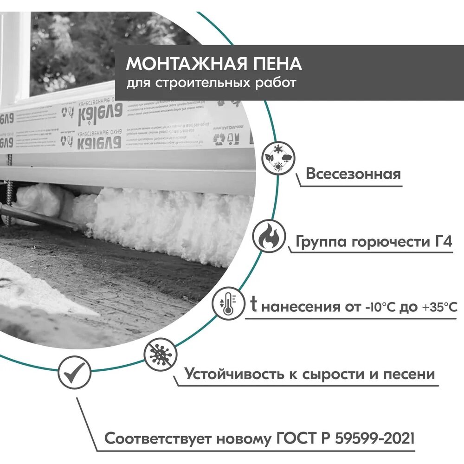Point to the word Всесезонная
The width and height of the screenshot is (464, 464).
(353, 174)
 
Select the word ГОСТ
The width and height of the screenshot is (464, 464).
(292, 438)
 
